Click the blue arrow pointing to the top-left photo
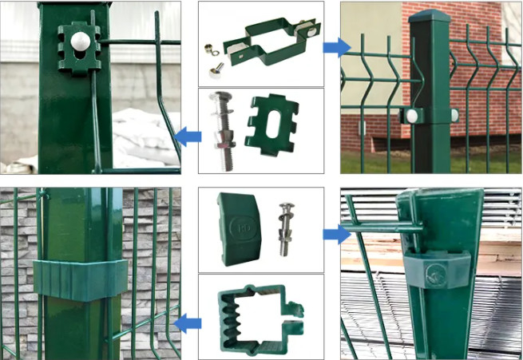187,136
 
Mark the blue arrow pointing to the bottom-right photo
336,234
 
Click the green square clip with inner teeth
255,315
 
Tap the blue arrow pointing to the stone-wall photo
187,322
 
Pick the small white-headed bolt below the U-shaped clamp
215,71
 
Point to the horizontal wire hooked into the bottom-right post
383,227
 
